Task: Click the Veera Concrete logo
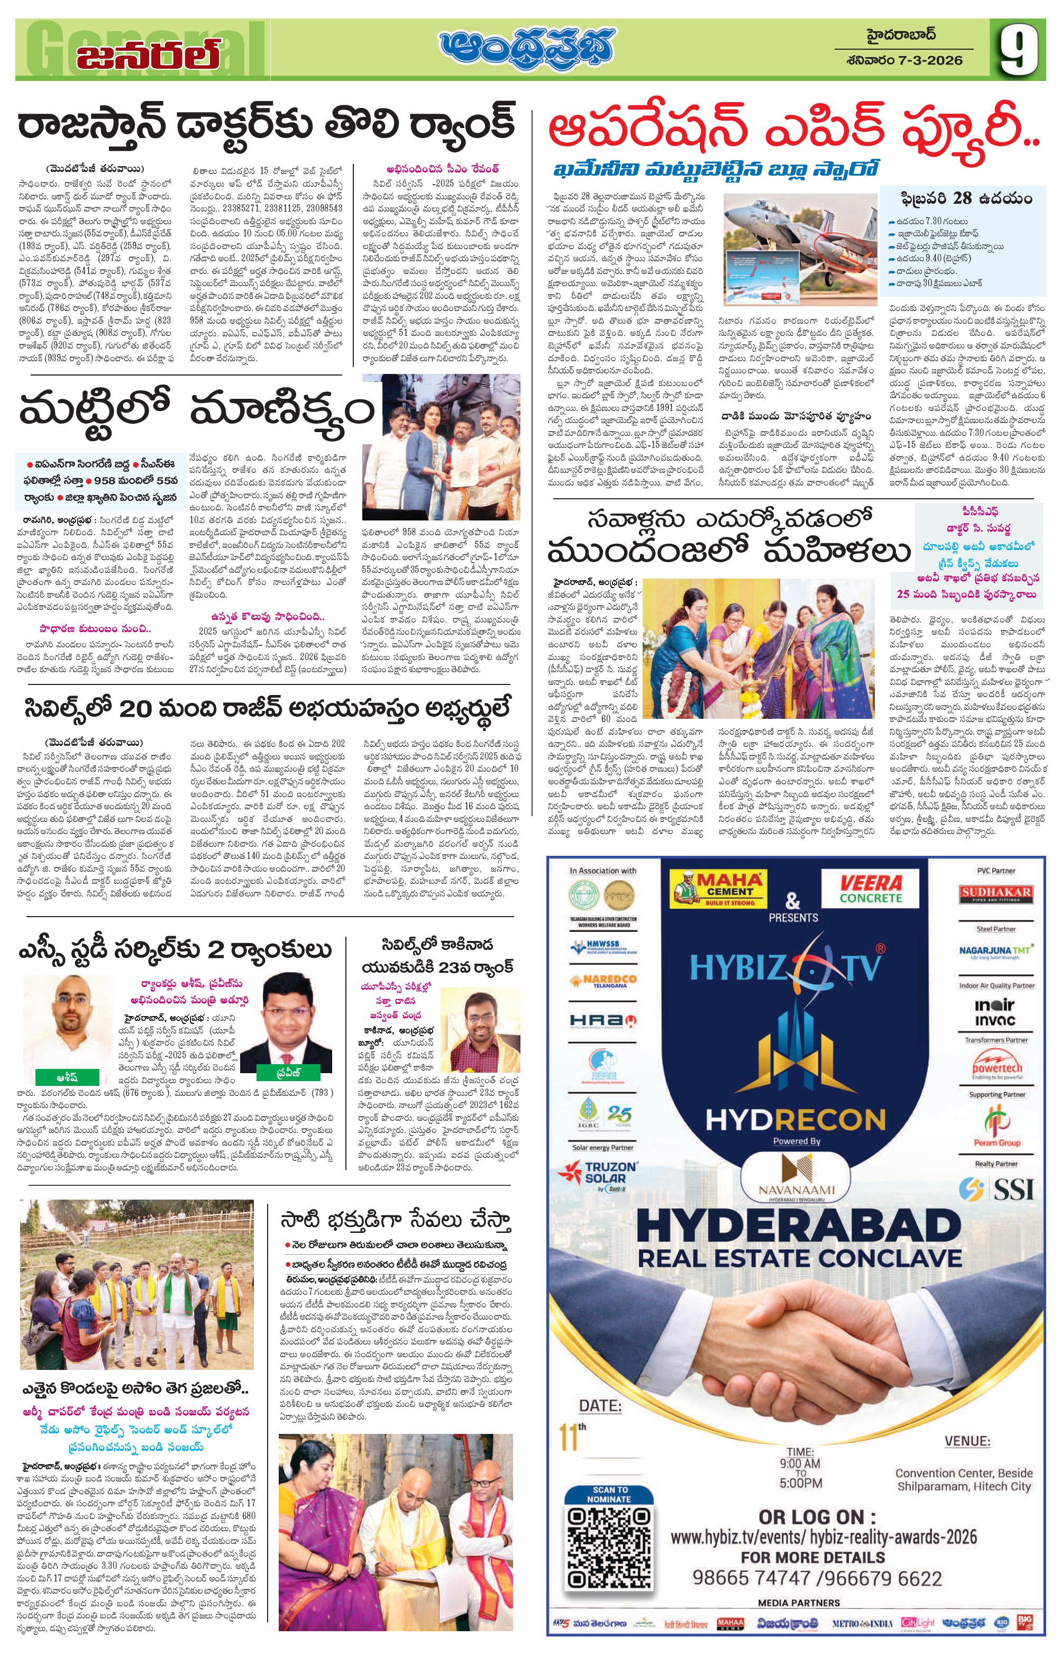870,888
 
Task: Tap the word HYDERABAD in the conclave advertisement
799,1226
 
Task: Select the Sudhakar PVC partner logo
996,894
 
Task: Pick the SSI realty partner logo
996,1188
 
